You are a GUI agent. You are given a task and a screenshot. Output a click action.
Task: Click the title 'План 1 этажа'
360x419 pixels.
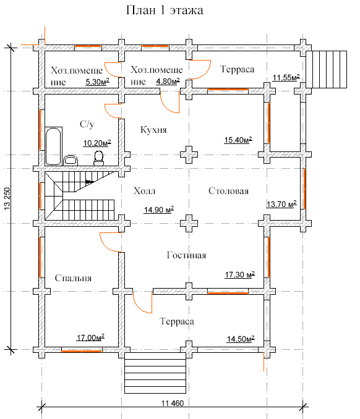[x=165, y=11]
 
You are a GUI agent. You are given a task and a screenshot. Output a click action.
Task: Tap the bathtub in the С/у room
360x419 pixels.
[x=53, y=146]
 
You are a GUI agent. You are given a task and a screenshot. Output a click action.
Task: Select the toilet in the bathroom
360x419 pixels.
[x=98, y=158]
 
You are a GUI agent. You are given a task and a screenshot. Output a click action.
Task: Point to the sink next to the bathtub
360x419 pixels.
[x=71, y=161]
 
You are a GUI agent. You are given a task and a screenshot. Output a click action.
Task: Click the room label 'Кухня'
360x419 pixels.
[x=153, y=130]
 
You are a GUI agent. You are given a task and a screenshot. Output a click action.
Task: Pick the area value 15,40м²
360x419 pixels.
[x=238, y=140]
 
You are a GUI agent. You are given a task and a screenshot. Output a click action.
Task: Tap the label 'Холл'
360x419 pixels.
[x=144, y=191]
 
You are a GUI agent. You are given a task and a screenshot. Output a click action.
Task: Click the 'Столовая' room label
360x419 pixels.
[x=229, y=191]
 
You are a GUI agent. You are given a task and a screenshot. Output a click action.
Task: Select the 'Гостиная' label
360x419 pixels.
[x=186, y=255]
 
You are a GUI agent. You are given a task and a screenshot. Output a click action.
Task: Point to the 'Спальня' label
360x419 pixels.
[x=73, y=278]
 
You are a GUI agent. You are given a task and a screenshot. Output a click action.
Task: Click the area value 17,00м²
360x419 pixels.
[x=90, y=337]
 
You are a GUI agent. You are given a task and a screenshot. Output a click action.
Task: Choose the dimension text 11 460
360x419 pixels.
[x=173, y=403]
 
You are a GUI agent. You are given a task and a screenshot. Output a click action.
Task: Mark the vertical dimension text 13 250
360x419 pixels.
[x=7, y=198]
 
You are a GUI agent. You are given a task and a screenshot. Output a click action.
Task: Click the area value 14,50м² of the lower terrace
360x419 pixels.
[x=241, y=339]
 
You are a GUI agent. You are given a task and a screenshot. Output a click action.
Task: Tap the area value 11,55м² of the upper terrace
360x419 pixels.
[x=286, y=77]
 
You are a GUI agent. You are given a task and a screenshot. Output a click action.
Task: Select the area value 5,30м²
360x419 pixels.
[x=97, y=82]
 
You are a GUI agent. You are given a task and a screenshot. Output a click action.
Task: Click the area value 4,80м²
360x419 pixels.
[x=168, y=81]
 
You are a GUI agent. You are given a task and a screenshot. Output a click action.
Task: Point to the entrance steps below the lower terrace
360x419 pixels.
[x=155, y=373]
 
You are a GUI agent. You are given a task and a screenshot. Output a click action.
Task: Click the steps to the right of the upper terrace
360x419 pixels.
[x=327, y=69]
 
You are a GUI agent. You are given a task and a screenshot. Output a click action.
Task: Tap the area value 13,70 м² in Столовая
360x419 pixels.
[x=281, y=204]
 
